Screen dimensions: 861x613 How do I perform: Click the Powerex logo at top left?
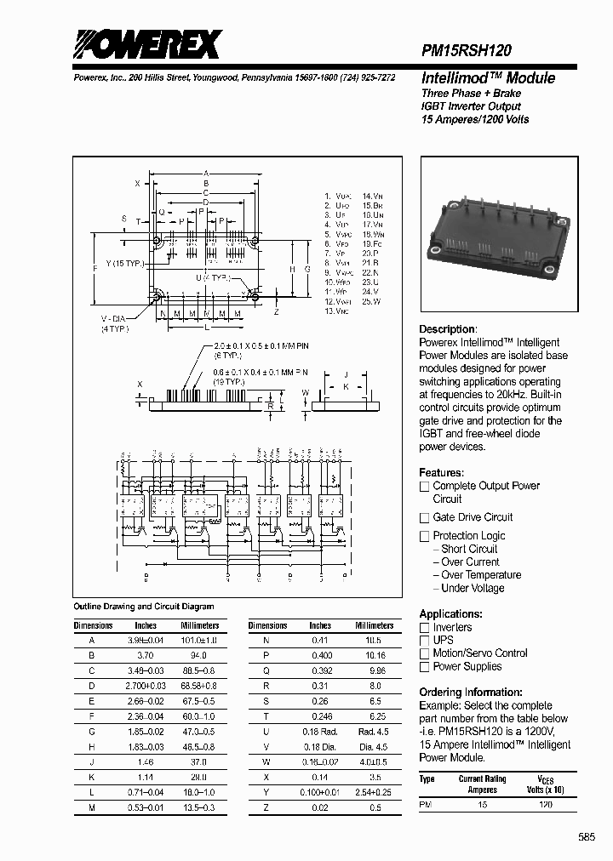point(146,43)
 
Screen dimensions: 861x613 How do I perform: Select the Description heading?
point(448,329)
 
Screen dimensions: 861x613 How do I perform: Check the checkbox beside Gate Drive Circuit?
point(424,518)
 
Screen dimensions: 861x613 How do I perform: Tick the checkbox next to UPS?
point(424,640)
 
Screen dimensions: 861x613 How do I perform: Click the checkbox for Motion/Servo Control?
point(424,653)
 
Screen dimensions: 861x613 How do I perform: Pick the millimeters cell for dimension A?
point(199,640)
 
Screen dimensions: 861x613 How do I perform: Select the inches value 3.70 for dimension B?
point(146,656)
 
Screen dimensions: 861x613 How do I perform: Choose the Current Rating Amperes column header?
point(483,784)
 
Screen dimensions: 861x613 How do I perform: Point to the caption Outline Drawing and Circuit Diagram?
point(144,607)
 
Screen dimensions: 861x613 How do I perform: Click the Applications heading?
point(451,614)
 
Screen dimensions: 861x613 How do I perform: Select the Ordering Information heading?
point(471,693)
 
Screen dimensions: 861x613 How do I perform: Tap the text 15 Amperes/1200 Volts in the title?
point(475,119)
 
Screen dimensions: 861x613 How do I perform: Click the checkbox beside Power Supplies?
point(424,667)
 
